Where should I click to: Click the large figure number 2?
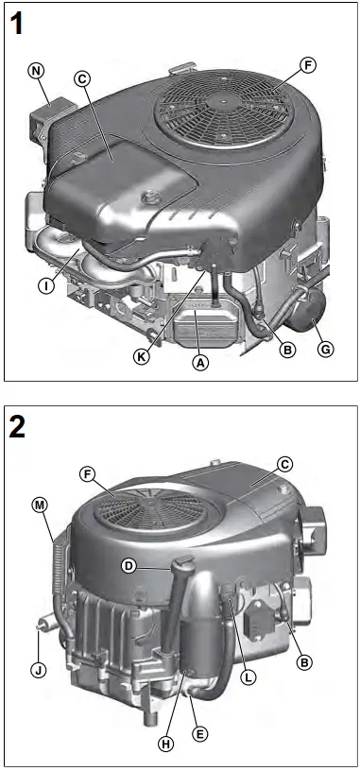click(20, 426)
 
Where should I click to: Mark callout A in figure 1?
click(198, 362)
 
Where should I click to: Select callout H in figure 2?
click(166, 744)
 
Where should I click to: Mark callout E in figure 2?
click(198, 732)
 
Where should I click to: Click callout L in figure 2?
click(247, 677)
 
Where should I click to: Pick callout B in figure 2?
click(304, 662)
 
